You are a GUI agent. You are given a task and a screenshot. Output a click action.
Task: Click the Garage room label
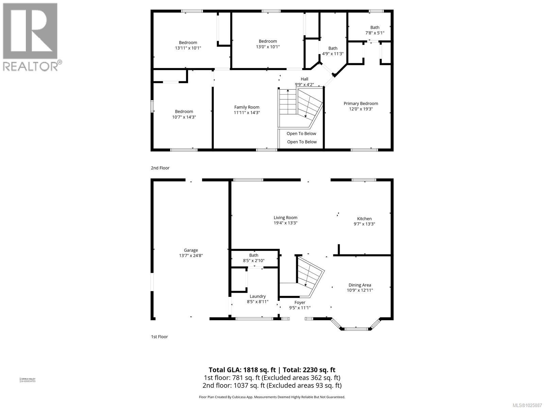coord(191,250)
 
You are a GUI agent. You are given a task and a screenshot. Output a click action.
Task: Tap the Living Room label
coord(286,218)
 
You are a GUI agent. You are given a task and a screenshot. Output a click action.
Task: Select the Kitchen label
coord(364,219)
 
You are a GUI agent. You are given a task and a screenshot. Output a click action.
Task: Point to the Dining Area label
coord(360,285)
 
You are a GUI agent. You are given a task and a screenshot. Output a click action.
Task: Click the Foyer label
coord(300,302)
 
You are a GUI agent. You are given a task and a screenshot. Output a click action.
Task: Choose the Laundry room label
coord(257,296)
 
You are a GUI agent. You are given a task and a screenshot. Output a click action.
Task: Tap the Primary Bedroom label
coord(361,103)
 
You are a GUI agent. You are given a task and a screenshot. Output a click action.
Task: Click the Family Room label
coord(247,107)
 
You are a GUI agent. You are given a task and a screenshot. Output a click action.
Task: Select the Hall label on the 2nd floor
coord(304,79)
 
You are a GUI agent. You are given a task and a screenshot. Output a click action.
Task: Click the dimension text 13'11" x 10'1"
coord(188,48)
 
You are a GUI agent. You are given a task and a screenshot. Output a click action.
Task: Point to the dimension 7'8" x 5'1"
coord(375,33)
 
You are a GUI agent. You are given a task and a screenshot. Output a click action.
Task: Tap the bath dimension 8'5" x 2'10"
coord(254,261)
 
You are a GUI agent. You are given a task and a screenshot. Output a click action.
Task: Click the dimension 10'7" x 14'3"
coord(184,117)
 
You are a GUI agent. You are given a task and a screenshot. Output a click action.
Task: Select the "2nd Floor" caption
coord(160,168)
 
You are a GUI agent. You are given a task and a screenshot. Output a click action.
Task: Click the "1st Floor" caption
coord(159,337)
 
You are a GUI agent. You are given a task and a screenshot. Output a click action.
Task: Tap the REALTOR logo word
coord(31,66)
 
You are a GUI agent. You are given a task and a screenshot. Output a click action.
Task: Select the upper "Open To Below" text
coord(301,133)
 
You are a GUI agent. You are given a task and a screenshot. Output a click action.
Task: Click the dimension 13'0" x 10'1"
coord(268,47)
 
